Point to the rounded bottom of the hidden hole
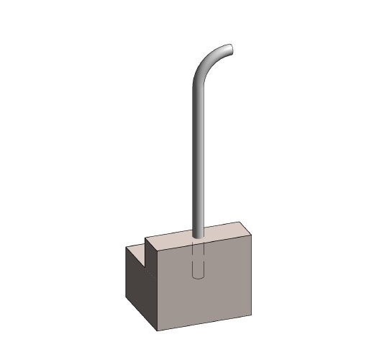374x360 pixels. [199, 276]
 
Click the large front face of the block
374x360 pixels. [205, 284]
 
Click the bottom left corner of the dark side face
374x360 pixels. [127, 299]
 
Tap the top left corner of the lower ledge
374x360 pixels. [127, 246]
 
